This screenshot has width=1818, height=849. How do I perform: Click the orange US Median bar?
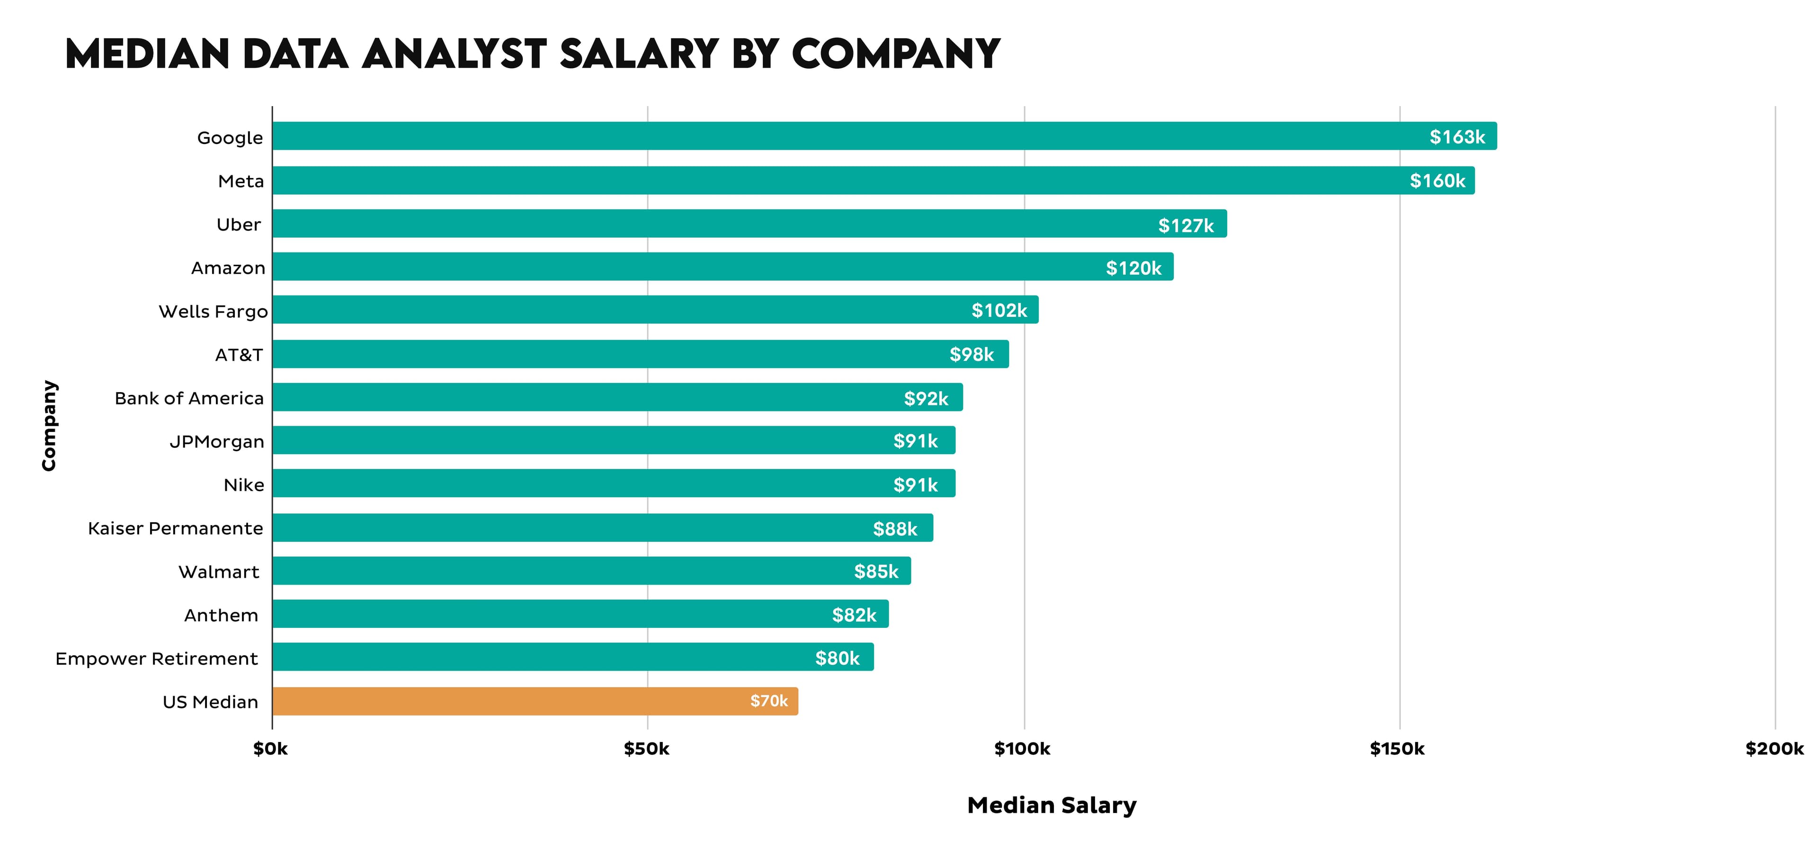point(535,701)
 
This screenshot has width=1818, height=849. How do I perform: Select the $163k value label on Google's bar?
point(1457,136)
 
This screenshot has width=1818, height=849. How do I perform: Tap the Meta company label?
point(241,181)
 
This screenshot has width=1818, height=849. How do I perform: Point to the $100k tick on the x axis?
point(1022,749)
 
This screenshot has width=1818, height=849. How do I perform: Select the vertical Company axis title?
point(49,426)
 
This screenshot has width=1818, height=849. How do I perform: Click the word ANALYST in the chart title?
point(454,54)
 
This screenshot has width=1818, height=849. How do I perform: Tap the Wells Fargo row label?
point(213,311)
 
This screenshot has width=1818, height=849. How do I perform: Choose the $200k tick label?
point(1773,749)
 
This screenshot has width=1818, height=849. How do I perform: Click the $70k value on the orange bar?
point(768,701)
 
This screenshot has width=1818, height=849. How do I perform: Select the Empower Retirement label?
point(157,659)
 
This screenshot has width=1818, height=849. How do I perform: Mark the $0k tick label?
point(270,749)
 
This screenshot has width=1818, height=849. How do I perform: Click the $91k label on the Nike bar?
point(915,485)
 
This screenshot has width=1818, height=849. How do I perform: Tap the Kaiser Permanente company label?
point(175,528)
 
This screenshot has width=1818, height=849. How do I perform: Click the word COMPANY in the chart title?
point(896,54)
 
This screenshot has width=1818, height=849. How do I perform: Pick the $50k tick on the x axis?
point(646,749)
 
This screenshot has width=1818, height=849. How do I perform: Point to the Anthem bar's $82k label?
point(854,615)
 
